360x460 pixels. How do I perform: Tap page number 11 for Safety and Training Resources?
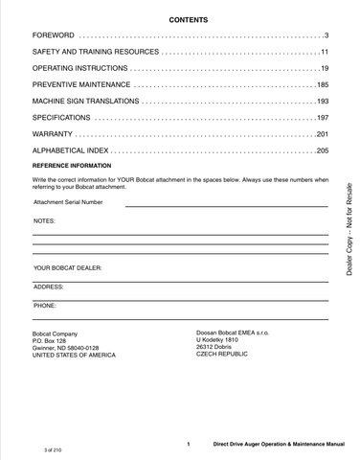324,52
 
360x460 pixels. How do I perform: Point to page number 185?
322,86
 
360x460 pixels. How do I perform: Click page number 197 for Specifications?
322,119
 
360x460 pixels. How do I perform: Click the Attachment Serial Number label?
67,203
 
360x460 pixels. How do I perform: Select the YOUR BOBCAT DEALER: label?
67,267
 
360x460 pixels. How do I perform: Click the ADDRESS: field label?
48,287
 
